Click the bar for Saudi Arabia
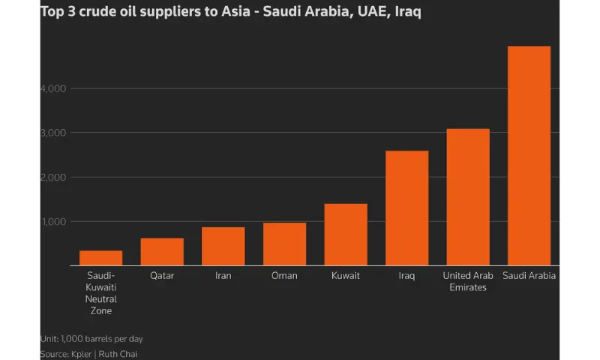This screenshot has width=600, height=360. click(529, 156)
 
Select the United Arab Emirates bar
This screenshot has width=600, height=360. click(468, 197)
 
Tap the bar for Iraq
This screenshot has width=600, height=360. click(407, 208)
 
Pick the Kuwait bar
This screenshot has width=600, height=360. click(346, 235)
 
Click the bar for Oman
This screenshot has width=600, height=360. click(284, 244)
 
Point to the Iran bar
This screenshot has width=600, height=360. click(223, 246)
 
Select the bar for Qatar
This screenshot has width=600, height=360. click(162, 252)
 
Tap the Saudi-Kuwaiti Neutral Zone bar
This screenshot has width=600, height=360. click(101, 258)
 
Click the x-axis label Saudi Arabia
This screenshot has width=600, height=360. click(529, 276)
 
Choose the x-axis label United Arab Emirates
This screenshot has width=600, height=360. click(468, 281)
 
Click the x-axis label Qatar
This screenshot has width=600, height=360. click(162, 276)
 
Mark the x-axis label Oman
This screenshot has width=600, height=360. click(284, 276)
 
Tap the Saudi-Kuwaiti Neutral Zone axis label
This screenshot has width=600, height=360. click(101, 293)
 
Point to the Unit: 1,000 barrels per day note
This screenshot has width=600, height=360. click(87, 338)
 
